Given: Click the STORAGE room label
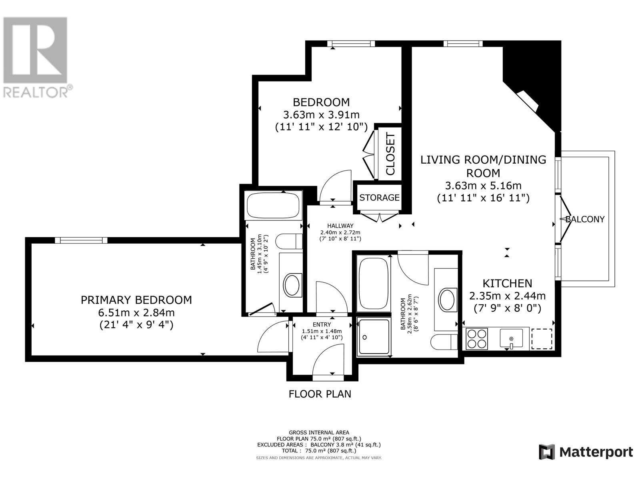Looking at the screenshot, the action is click(x=379, y=198).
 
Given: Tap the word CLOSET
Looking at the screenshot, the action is click(x=390, y=154).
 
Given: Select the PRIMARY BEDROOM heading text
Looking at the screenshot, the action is click(x=136, y=300).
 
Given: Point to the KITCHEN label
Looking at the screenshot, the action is click(x=507, y=283).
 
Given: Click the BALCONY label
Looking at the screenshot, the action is click(x=585, y=219).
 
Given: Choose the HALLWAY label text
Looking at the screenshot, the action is click(x=340, y=226).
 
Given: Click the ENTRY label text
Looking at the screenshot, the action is click(x=322, y=325).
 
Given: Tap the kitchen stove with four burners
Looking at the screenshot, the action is click(x=477, y=339).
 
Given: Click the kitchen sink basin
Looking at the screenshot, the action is click(x=511, y=338).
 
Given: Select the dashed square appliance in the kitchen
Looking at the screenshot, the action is click(x=542, y=339).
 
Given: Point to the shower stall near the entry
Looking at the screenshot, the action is click(x=374, y=337).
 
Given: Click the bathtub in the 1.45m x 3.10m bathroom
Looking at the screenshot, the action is click(x=273, y=205).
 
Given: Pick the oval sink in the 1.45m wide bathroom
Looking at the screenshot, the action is click(x=292, y=286).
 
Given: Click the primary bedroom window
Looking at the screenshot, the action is click(x=81, y=240).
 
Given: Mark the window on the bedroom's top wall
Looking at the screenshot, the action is click(x=351, y=44).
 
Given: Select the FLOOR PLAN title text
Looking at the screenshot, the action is click(x=320, y=394).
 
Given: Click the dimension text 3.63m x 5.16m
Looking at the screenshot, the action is click(x=483, y=185).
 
